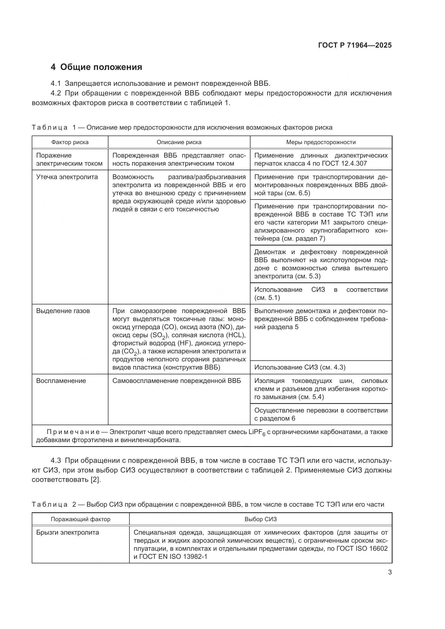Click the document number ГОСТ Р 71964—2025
[x=355, y=45]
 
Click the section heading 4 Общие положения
[x=97, y=67]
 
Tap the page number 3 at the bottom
[x=390, y=572]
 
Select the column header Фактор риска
[x=70, y=142]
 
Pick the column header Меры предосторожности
[x=321, y=142]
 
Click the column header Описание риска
[x=179, y=142]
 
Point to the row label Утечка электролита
[x=67, y=177]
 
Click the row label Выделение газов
[x=63, y=311]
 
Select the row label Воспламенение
[x=61, y=381]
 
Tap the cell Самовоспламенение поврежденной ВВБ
[x=177, y=381]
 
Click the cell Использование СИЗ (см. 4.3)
[x=300, y=367]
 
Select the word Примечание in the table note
[x=73, y=432]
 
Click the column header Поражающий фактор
[x=80, y=519]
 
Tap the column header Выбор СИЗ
[x=261, y=519]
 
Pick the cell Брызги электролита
[x=68, y=532]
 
